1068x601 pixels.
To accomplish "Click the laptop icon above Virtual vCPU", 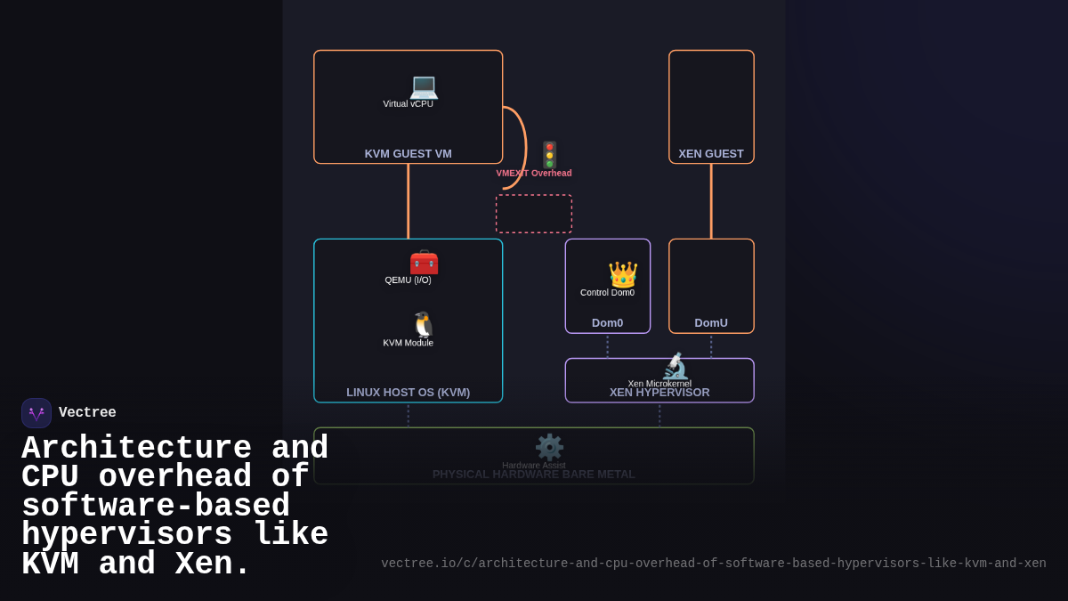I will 424,86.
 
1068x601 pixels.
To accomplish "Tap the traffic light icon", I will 549,155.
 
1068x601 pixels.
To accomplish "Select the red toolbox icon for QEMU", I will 424,263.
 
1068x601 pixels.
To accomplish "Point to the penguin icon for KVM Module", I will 424,325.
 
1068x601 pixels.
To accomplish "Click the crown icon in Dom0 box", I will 622,274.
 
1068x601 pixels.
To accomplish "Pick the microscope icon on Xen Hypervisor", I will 675,367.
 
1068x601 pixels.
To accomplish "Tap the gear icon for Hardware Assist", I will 549,447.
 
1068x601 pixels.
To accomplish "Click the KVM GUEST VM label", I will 408,153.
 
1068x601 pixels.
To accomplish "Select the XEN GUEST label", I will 711,153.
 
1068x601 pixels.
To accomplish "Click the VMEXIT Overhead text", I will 534,173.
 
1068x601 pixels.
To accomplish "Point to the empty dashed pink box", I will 534,214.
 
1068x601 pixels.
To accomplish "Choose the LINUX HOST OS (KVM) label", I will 408,392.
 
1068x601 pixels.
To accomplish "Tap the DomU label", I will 711,322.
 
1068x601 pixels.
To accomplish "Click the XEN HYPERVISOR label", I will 659,393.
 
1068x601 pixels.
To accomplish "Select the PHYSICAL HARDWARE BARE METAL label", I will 534,474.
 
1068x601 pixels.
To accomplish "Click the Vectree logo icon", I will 36,413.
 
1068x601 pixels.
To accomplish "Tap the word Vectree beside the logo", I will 87,413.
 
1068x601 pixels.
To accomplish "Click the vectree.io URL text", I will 713,564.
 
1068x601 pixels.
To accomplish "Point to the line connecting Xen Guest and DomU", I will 711,201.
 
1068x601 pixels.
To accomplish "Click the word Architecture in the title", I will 137,448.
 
